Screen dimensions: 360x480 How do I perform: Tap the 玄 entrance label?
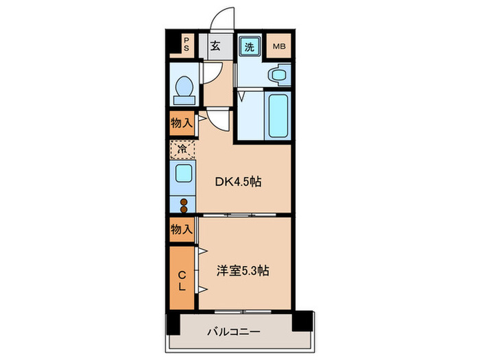[x=214, y=47]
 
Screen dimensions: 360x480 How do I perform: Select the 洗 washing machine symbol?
[x=249, y=47]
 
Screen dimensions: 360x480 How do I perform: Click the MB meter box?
[x=280, y=47]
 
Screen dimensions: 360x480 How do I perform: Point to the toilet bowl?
[x=183, y=88]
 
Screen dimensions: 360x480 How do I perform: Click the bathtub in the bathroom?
[x=278, y=114]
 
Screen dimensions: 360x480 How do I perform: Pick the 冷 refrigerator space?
[x=182, y=147]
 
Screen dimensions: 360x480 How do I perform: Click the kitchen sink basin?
[x=183, y=173]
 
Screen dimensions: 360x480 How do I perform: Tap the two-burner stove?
[x=183, y=201]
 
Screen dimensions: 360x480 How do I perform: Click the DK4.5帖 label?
[x=238, y=182]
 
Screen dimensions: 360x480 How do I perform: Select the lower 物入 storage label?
[x=180, y=230]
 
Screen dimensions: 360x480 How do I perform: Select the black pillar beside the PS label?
[x=173, y=45]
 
